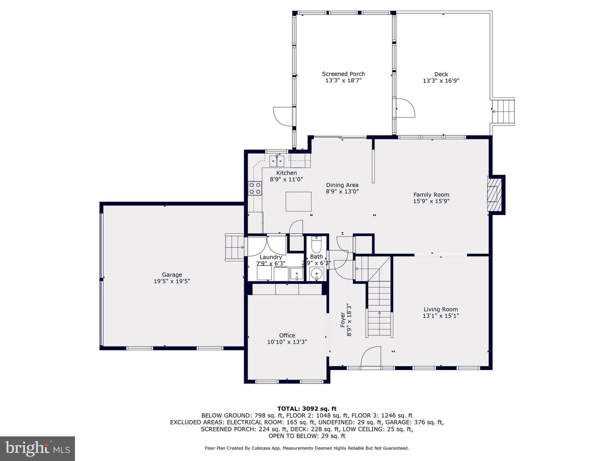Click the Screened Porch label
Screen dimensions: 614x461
pyautogui.click(x=343, y=74)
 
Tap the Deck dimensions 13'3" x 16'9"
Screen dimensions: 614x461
pyautogui.click(x=441, y=81)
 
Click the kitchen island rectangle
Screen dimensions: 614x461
pyautogui.click(x=298, y=201)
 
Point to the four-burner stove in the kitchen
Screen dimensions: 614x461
pyautogui.click(x=255, y=188)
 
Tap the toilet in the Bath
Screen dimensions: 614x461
pyautogui.click(x=316, y=245)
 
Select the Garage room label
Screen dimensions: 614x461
pyautogui.click(x=172, y=274)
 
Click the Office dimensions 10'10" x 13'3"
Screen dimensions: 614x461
pyautogui.click(x=287, y=342)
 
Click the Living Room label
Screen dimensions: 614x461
pyautogui.click(x=441, y=309)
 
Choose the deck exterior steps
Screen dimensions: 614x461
pyautogui.click(x=503, y=112)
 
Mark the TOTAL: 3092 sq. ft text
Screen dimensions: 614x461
pyautogui.click(x=307, y=408)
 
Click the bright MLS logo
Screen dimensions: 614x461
pyautogui.click(x=38, y=448)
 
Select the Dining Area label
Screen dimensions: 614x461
pyautogui.click(x=342, y=185)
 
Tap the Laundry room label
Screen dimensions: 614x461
pyautogui.click(x=271, y=257)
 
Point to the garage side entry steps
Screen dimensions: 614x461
pyautogui.click(x=235, y=247)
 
